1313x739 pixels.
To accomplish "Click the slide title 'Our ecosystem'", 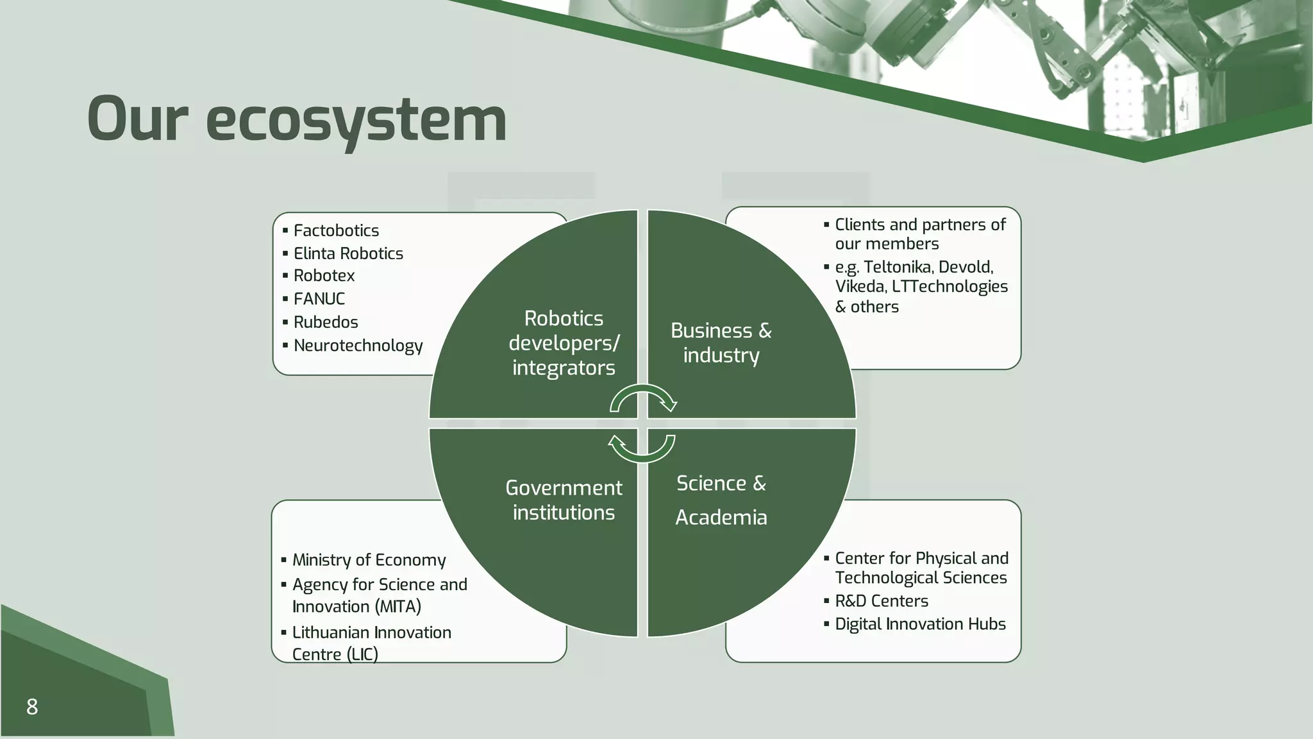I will (x=296, y=119).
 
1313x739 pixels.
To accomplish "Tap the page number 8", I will (x=32, y=707).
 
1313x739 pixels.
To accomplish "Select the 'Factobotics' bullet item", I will (x=336, y=230).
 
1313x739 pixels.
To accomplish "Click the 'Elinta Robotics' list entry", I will (x=348, y=253).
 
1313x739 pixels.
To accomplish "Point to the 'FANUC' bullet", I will (x=319, y=299).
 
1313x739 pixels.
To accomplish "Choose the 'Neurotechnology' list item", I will (x=358, y=345).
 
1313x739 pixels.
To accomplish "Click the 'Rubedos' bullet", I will (x=326, y=322).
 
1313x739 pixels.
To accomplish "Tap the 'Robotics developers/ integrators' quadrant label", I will (x=564, y=343).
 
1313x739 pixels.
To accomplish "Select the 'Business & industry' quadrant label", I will (x=721, y=343).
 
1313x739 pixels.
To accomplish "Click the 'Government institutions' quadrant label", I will (x=564, y=500).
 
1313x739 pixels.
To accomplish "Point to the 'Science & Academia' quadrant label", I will (x=721, y=500).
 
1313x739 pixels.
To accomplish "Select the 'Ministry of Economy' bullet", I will (x=369, y=560).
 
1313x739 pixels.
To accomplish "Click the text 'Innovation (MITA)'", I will (x=356, y=607).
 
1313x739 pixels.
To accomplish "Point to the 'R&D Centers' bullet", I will (x=881, y=601).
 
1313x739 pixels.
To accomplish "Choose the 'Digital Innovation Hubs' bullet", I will (x=920, y=624).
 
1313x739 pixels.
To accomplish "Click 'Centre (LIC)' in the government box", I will (x=335, y=654).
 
